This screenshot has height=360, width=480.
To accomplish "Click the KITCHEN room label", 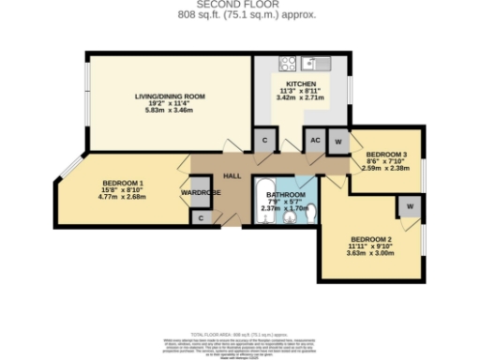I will [301, 83].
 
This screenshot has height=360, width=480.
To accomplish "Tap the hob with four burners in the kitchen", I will [287, 65].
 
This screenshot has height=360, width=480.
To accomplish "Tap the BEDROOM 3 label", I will [385, 154].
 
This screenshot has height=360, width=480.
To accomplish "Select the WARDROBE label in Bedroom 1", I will [200, 193].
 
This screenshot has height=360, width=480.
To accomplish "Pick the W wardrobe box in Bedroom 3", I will [337, 141].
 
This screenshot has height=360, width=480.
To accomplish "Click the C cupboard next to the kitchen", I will [265, 141].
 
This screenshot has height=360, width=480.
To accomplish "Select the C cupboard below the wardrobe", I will [201, 217].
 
